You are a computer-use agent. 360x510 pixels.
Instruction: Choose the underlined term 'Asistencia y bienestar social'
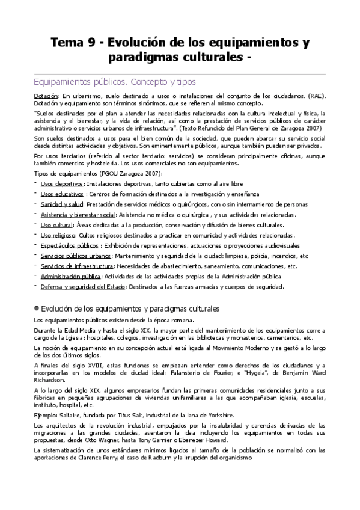point(78,215)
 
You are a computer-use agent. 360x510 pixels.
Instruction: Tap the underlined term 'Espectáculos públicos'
point(70,245)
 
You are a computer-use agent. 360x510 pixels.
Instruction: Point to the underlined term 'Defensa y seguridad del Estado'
point(82,287)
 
